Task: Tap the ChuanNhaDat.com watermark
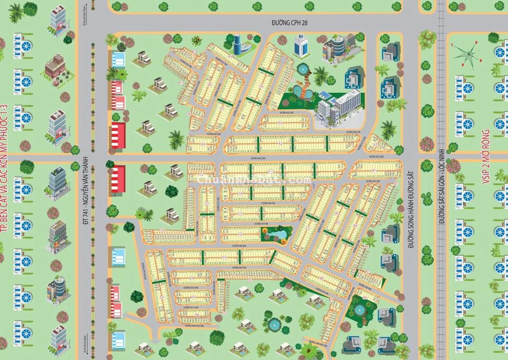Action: [254, 180]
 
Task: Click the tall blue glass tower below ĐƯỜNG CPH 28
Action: [302, 46]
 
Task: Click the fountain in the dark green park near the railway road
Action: [360, 310]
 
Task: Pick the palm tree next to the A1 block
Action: [388, 129]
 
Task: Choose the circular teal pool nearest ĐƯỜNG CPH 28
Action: [303, 69]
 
